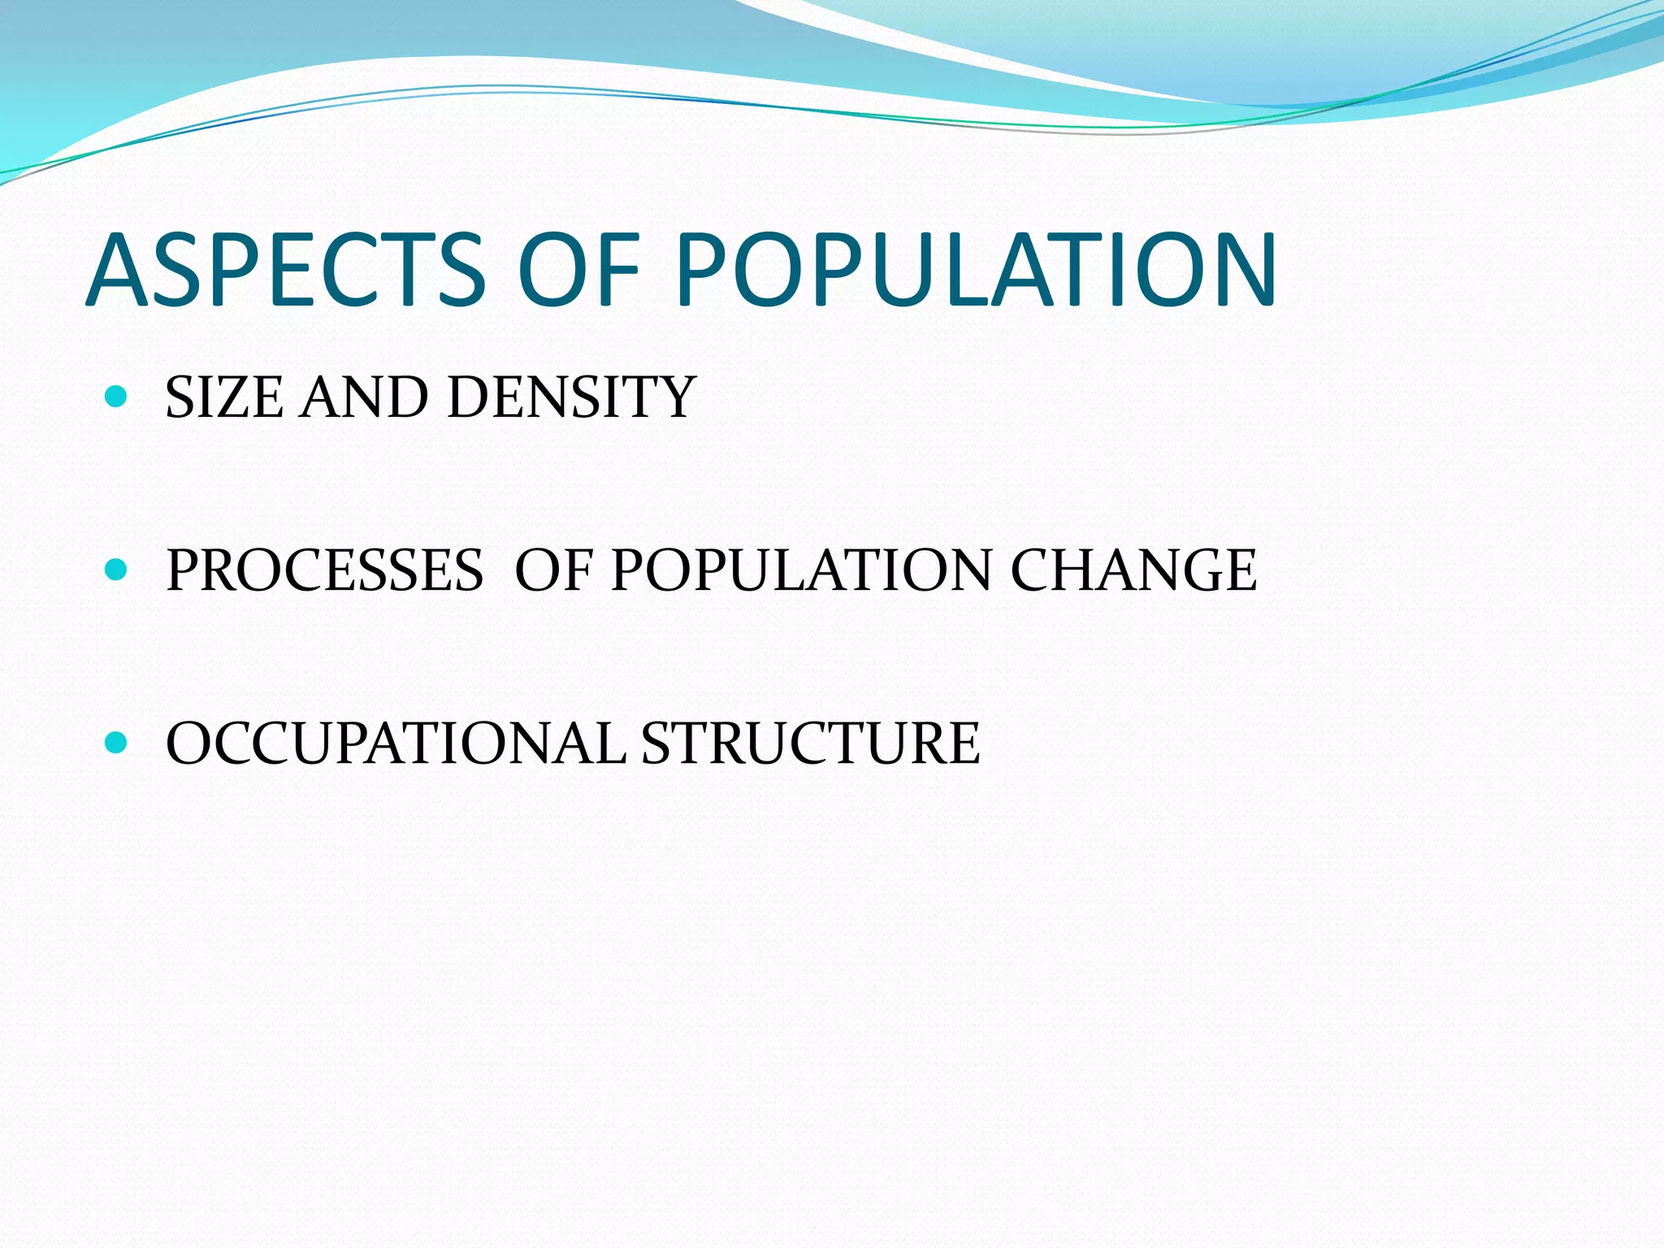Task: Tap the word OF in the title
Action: [579, 270]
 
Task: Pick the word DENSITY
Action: [571, 397]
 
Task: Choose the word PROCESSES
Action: [325, 570]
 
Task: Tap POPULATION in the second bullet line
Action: [801, 570]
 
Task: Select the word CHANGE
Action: [1133, 570]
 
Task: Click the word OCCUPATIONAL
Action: [396, 743]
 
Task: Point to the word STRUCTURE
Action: [810, 743]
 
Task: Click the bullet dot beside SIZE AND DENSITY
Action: [117, 396]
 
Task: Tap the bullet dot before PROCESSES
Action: [117, 569]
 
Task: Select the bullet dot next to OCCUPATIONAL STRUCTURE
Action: [117, 742]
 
